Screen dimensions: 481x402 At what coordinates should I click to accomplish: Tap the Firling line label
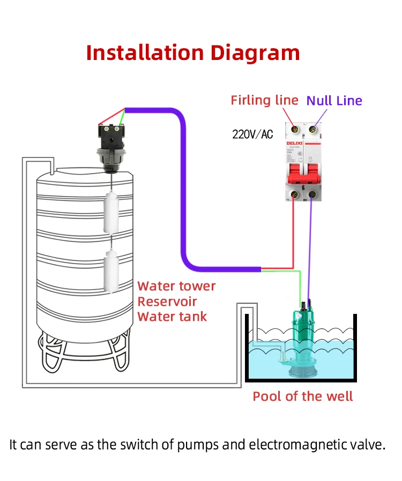pyautogui.click(x=264, y=100)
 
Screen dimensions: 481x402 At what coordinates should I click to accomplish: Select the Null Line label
pyautogui.click(x=334, y=101)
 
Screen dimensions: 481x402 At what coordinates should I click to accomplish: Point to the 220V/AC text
pyautogui.click(x=252, y=134)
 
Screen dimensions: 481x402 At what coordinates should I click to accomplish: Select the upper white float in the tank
pyautogui.click(x=112, y=213)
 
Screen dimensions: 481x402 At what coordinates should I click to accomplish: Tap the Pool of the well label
pyautogui.click(x=303, y=396)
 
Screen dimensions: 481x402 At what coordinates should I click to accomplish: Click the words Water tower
pyautogui.click(x=176, y=286)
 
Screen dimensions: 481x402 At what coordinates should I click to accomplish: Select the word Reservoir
pyautogui.click(x=167, y=302)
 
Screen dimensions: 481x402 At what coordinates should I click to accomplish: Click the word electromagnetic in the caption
pyautogui.click(x=303, y=445)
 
